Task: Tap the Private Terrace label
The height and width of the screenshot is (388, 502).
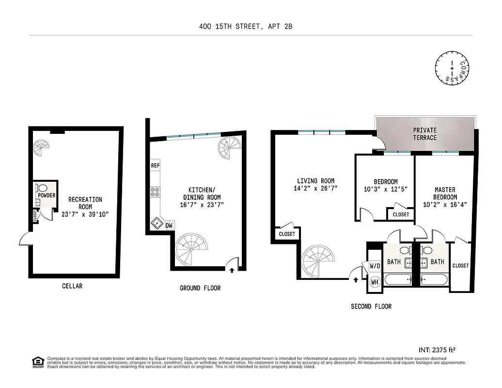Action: (424, 134)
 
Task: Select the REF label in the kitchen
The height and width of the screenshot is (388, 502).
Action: (155, 165)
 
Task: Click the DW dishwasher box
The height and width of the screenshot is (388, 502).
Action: (169, 225)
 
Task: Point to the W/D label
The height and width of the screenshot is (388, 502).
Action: (375, 266)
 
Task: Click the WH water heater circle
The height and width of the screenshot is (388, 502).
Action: (375, 282)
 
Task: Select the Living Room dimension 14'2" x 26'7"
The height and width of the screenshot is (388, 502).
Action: (315, 188)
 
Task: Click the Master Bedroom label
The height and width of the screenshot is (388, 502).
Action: (445, 194)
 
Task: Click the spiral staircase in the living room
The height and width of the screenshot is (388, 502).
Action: (318, 260)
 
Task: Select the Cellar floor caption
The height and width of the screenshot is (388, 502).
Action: (72, 286)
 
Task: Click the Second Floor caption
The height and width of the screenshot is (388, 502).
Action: (371, 306)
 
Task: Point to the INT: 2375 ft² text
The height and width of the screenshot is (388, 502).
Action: (437, 349)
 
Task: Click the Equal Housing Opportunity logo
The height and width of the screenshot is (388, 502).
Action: (36, 362)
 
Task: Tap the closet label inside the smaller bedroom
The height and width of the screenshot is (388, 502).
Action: (400, 214)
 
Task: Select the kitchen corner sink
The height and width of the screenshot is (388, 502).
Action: (157, 223)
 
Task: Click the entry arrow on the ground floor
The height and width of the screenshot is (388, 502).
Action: (232, 270)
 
